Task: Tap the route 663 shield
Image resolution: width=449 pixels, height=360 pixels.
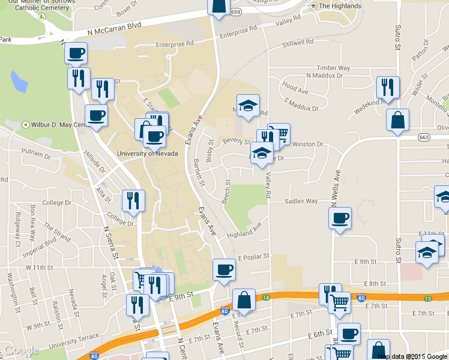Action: point(424,137)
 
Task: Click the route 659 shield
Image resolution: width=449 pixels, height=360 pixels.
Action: point(235,12)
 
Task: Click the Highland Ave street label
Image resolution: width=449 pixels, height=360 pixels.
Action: point(245,229)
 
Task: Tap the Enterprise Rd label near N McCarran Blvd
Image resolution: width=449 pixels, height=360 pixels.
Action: point(175,44)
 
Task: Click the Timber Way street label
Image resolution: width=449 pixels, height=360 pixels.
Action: point(333,68)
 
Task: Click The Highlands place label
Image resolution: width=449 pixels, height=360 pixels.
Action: point(340,6)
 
